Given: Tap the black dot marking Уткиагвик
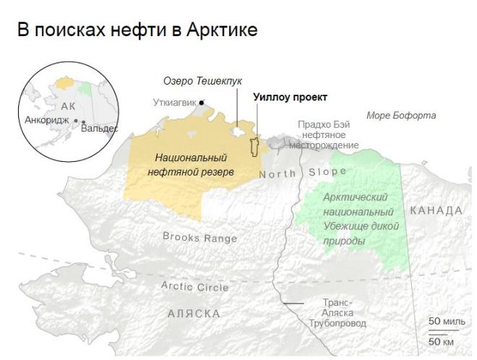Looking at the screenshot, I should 202,103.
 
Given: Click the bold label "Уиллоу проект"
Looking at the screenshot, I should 290,97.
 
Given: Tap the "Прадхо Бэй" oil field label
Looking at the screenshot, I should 322,124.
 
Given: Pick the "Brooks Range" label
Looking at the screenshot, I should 196,236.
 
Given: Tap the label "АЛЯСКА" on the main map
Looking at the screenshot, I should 194,314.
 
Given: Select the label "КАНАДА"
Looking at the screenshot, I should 436,210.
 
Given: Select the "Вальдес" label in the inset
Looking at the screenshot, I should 100,128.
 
